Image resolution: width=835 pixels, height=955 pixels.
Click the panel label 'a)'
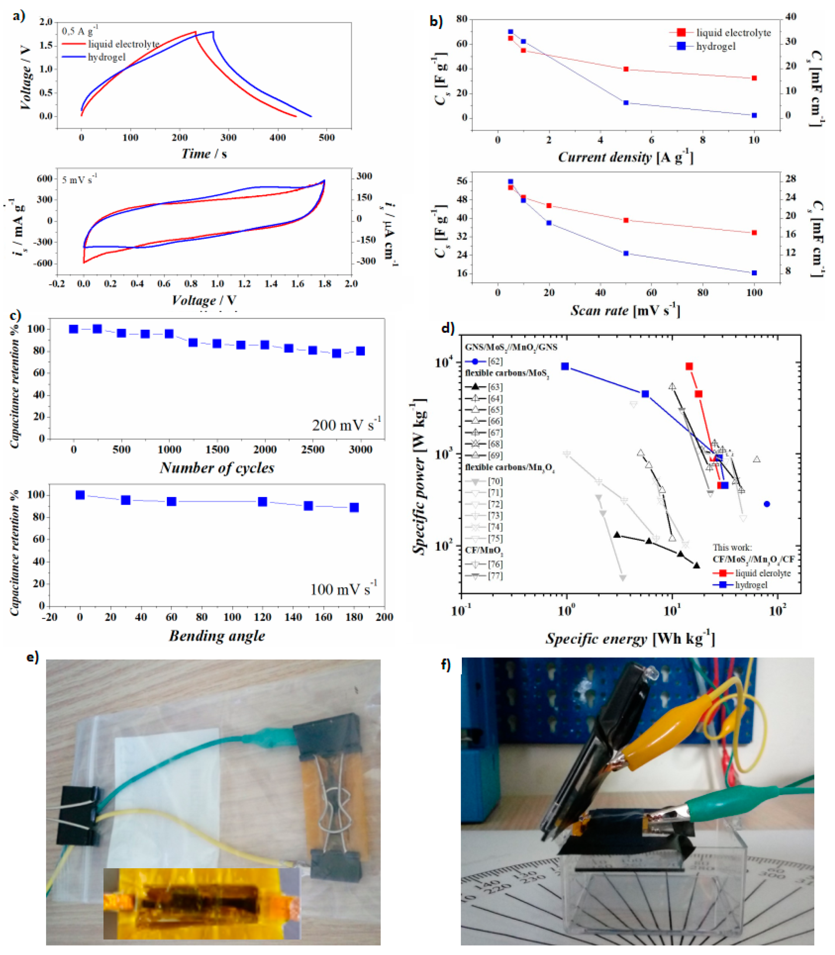19,16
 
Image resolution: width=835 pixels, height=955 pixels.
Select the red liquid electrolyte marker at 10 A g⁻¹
754,78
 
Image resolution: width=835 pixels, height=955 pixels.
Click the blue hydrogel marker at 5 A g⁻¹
626,102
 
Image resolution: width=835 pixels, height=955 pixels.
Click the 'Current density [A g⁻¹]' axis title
625,158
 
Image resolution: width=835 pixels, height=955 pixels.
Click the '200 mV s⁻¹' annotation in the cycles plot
346,424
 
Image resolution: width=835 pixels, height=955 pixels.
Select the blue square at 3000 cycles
360,351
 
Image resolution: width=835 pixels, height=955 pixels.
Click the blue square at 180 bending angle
354,508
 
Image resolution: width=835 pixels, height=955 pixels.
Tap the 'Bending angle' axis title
217,636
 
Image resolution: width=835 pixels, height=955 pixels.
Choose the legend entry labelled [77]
484,576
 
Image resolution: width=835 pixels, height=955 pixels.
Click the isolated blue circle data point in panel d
767,504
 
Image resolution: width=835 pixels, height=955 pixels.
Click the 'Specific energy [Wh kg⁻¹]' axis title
630,638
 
